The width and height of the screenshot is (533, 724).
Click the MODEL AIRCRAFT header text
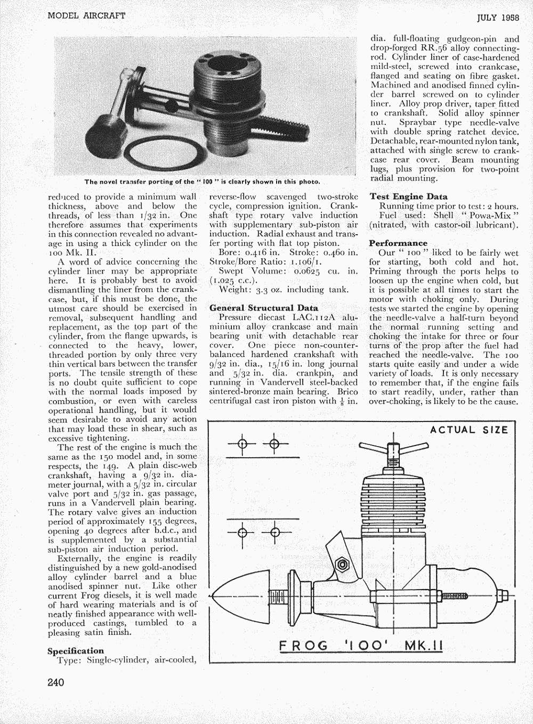[x=86, y=15]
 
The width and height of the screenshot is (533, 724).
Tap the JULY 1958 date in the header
[x=498, y=17]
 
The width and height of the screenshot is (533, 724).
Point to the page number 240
[x=56, y=682]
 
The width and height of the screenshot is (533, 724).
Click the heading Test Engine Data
[x=408, y=196]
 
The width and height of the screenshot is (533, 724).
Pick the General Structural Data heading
[x=263, y=308]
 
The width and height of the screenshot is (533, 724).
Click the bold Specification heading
[x=75, y=651]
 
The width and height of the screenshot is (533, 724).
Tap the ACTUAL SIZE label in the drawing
[x=469, y=430]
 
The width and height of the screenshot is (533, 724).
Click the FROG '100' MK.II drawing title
[x=361, y=646]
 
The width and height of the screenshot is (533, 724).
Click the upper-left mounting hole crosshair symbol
[x=242, y=444]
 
